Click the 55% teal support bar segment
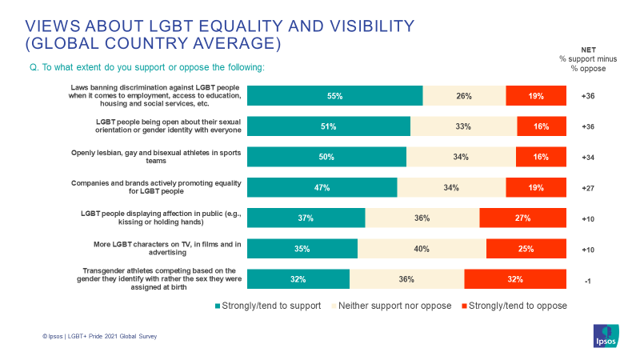(x=334, y=96)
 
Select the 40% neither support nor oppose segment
(x=422, y=249)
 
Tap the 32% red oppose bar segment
(x=514, y=279)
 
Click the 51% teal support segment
(x=328, y=126)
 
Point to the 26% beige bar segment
(x=464, y=96)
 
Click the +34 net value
(x=586, y=157)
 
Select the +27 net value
(x=586, y=188)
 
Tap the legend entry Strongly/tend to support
(x=268, y=306)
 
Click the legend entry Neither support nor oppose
(x=392, y=306)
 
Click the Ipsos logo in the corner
(x=605, y=337)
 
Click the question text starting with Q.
(x=146, y=67)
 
